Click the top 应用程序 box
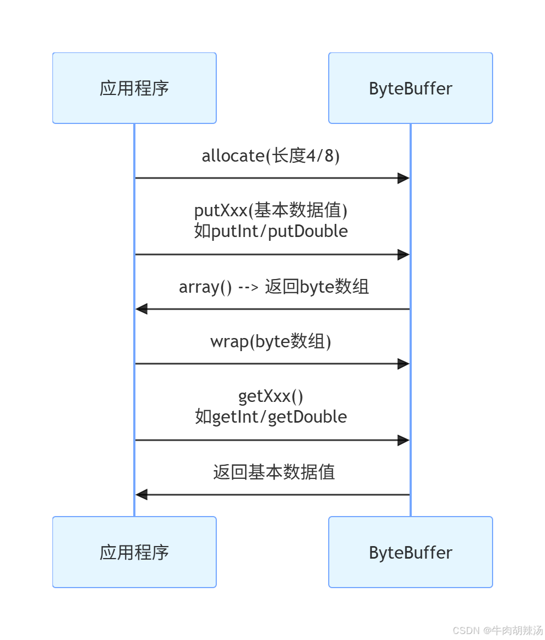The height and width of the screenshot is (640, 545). (x=134, y=88)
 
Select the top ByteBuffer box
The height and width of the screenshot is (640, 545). (x=410, y=88)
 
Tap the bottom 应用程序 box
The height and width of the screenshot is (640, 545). (x=134, y=552)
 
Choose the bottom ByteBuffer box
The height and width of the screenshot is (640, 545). (x=410, y=552)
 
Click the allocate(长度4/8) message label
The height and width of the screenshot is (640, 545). (x=271, y=156)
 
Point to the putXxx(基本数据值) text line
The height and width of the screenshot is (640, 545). (x=271, y=210)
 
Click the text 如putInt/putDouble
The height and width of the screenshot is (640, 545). (x=271, y=231)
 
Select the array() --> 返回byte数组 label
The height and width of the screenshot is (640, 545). (x=274, y=287)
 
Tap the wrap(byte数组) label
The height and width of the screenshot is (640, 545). (x=271, y=341)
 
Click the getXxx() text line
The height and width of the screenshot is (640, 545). (x=271, y=396)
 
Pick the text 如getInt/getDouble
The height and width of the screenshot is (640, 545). (x=271, y=417)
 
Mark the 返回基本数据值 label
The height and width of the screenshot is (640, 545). (x=274, y=472)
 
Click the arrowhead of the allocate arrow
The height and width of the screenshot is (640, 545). (x=404, y=178)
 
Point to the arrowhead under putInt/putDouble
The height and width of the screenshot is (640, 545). (x=404, y=254)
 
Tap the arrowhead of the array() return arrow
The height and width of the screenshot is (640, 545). (x=142, y=309)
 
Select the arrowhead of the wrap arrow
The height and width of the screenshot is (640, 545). (x=404, y=364)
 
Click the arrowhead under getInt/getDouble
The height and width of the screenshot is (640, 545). (x=404, y=440)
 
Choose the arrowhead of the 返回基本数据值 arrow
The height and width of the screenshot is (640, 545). (x=142, y=495)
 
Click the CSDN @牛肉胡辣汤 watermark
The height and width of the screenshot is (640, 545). (x=497, y=630)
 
